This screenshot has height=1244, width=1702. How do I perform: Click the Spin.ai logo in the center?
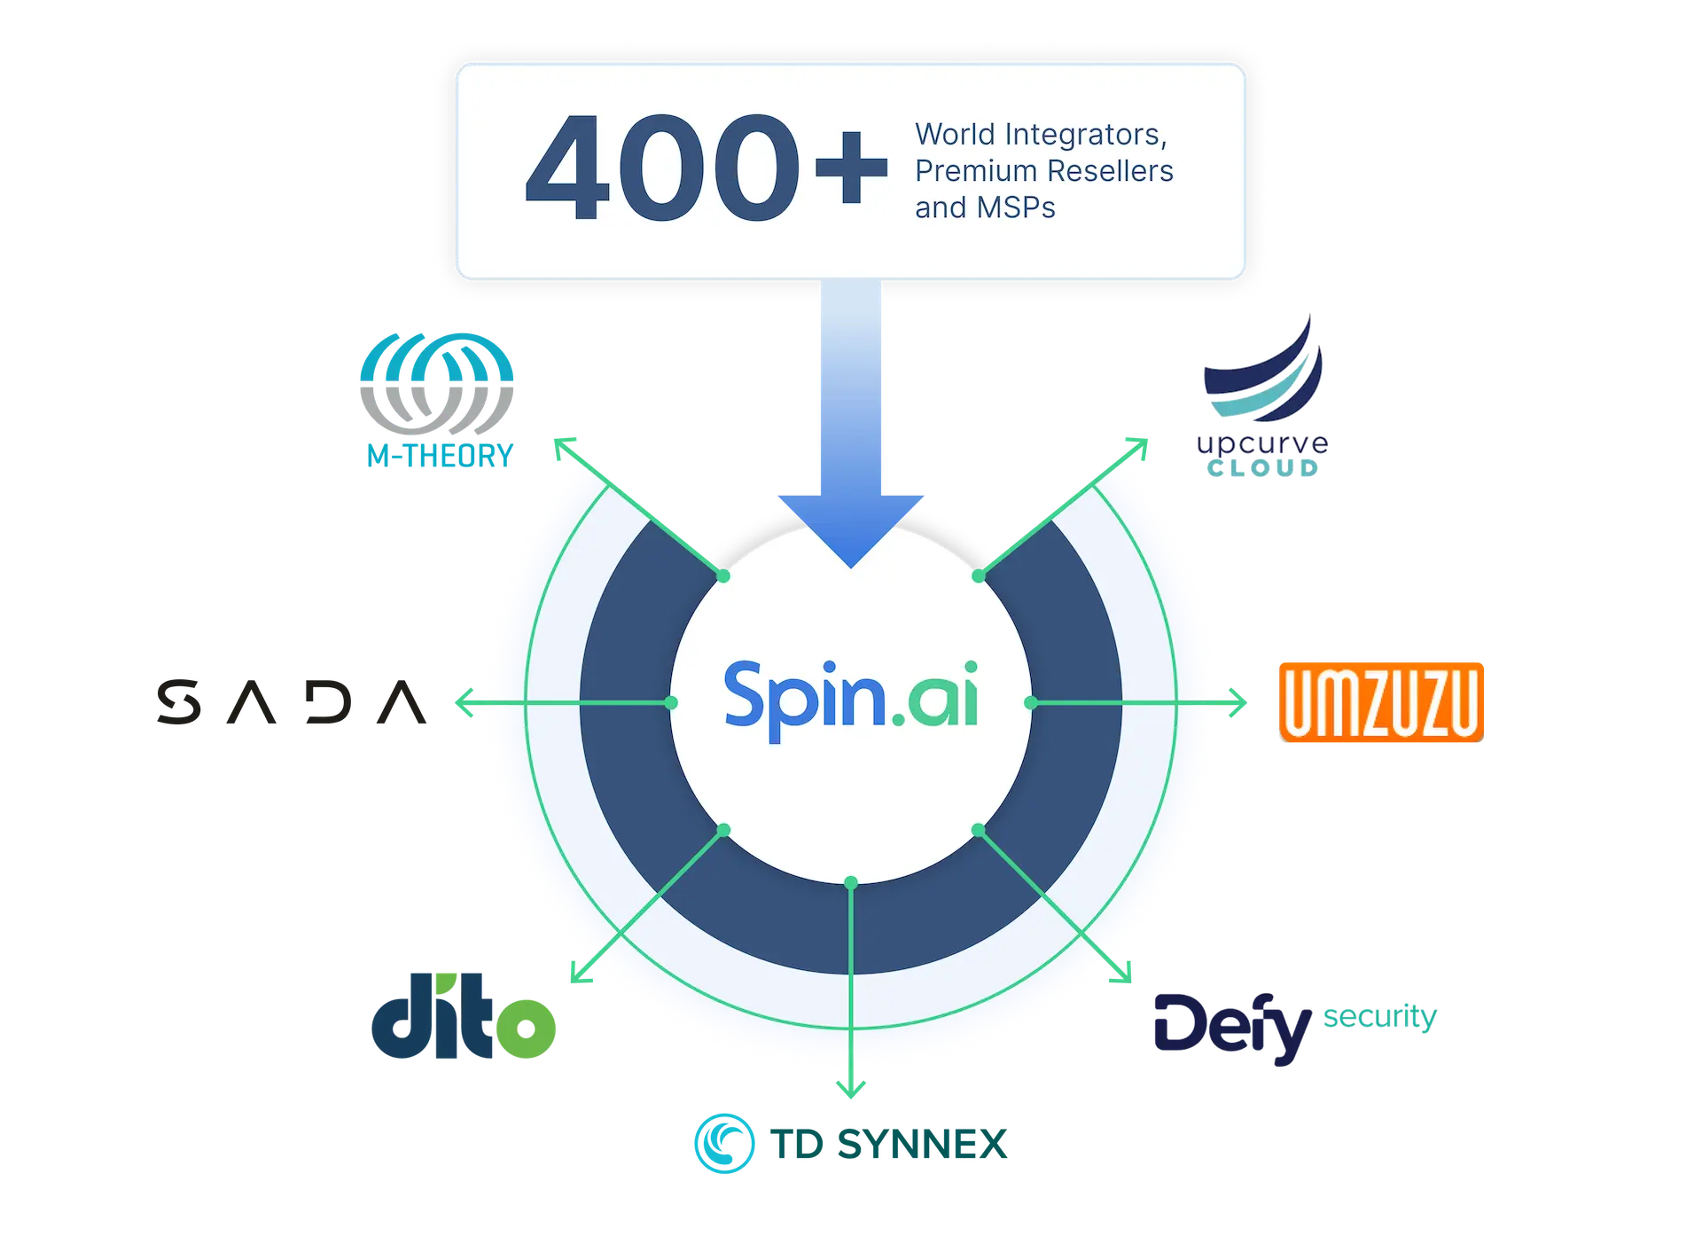pyautogui.click(x=851, y=700)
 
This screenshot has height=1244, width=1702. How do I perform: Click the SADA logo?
pyautogui.click(x=293, y=703)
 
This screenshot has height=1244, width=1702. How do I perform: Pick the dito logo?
pyautogui.click(x=464, y=1016)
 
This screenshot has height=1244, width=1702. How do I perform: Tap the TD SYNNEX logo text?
pyautogui.click(x=889, y=1145)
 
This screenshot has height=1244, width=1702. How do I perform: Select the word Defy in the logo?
pyautogui.click(x=1232, y=1029)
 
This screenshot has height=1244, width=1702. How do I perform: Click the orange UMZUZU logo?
pyautogui.click(x=1381, y=702)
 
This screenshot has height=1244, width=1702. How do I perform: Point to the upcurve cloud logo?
pyautogui.click(x=1262, y=398)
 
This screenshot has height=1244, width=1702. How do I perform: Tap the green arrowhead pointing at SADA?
pyautogui.click(x=460, y=703)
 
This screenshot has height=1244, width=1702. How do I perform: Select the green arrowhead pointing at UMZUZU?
pyautogui.click(x=1241, y=703)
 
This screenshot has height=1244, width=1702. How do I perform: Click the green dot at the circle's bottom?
pyautogui.click(x=851, y=883)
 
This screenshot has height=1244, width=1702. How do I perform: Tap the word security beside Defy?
pyautogui.click(x=1378, y=1017)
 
